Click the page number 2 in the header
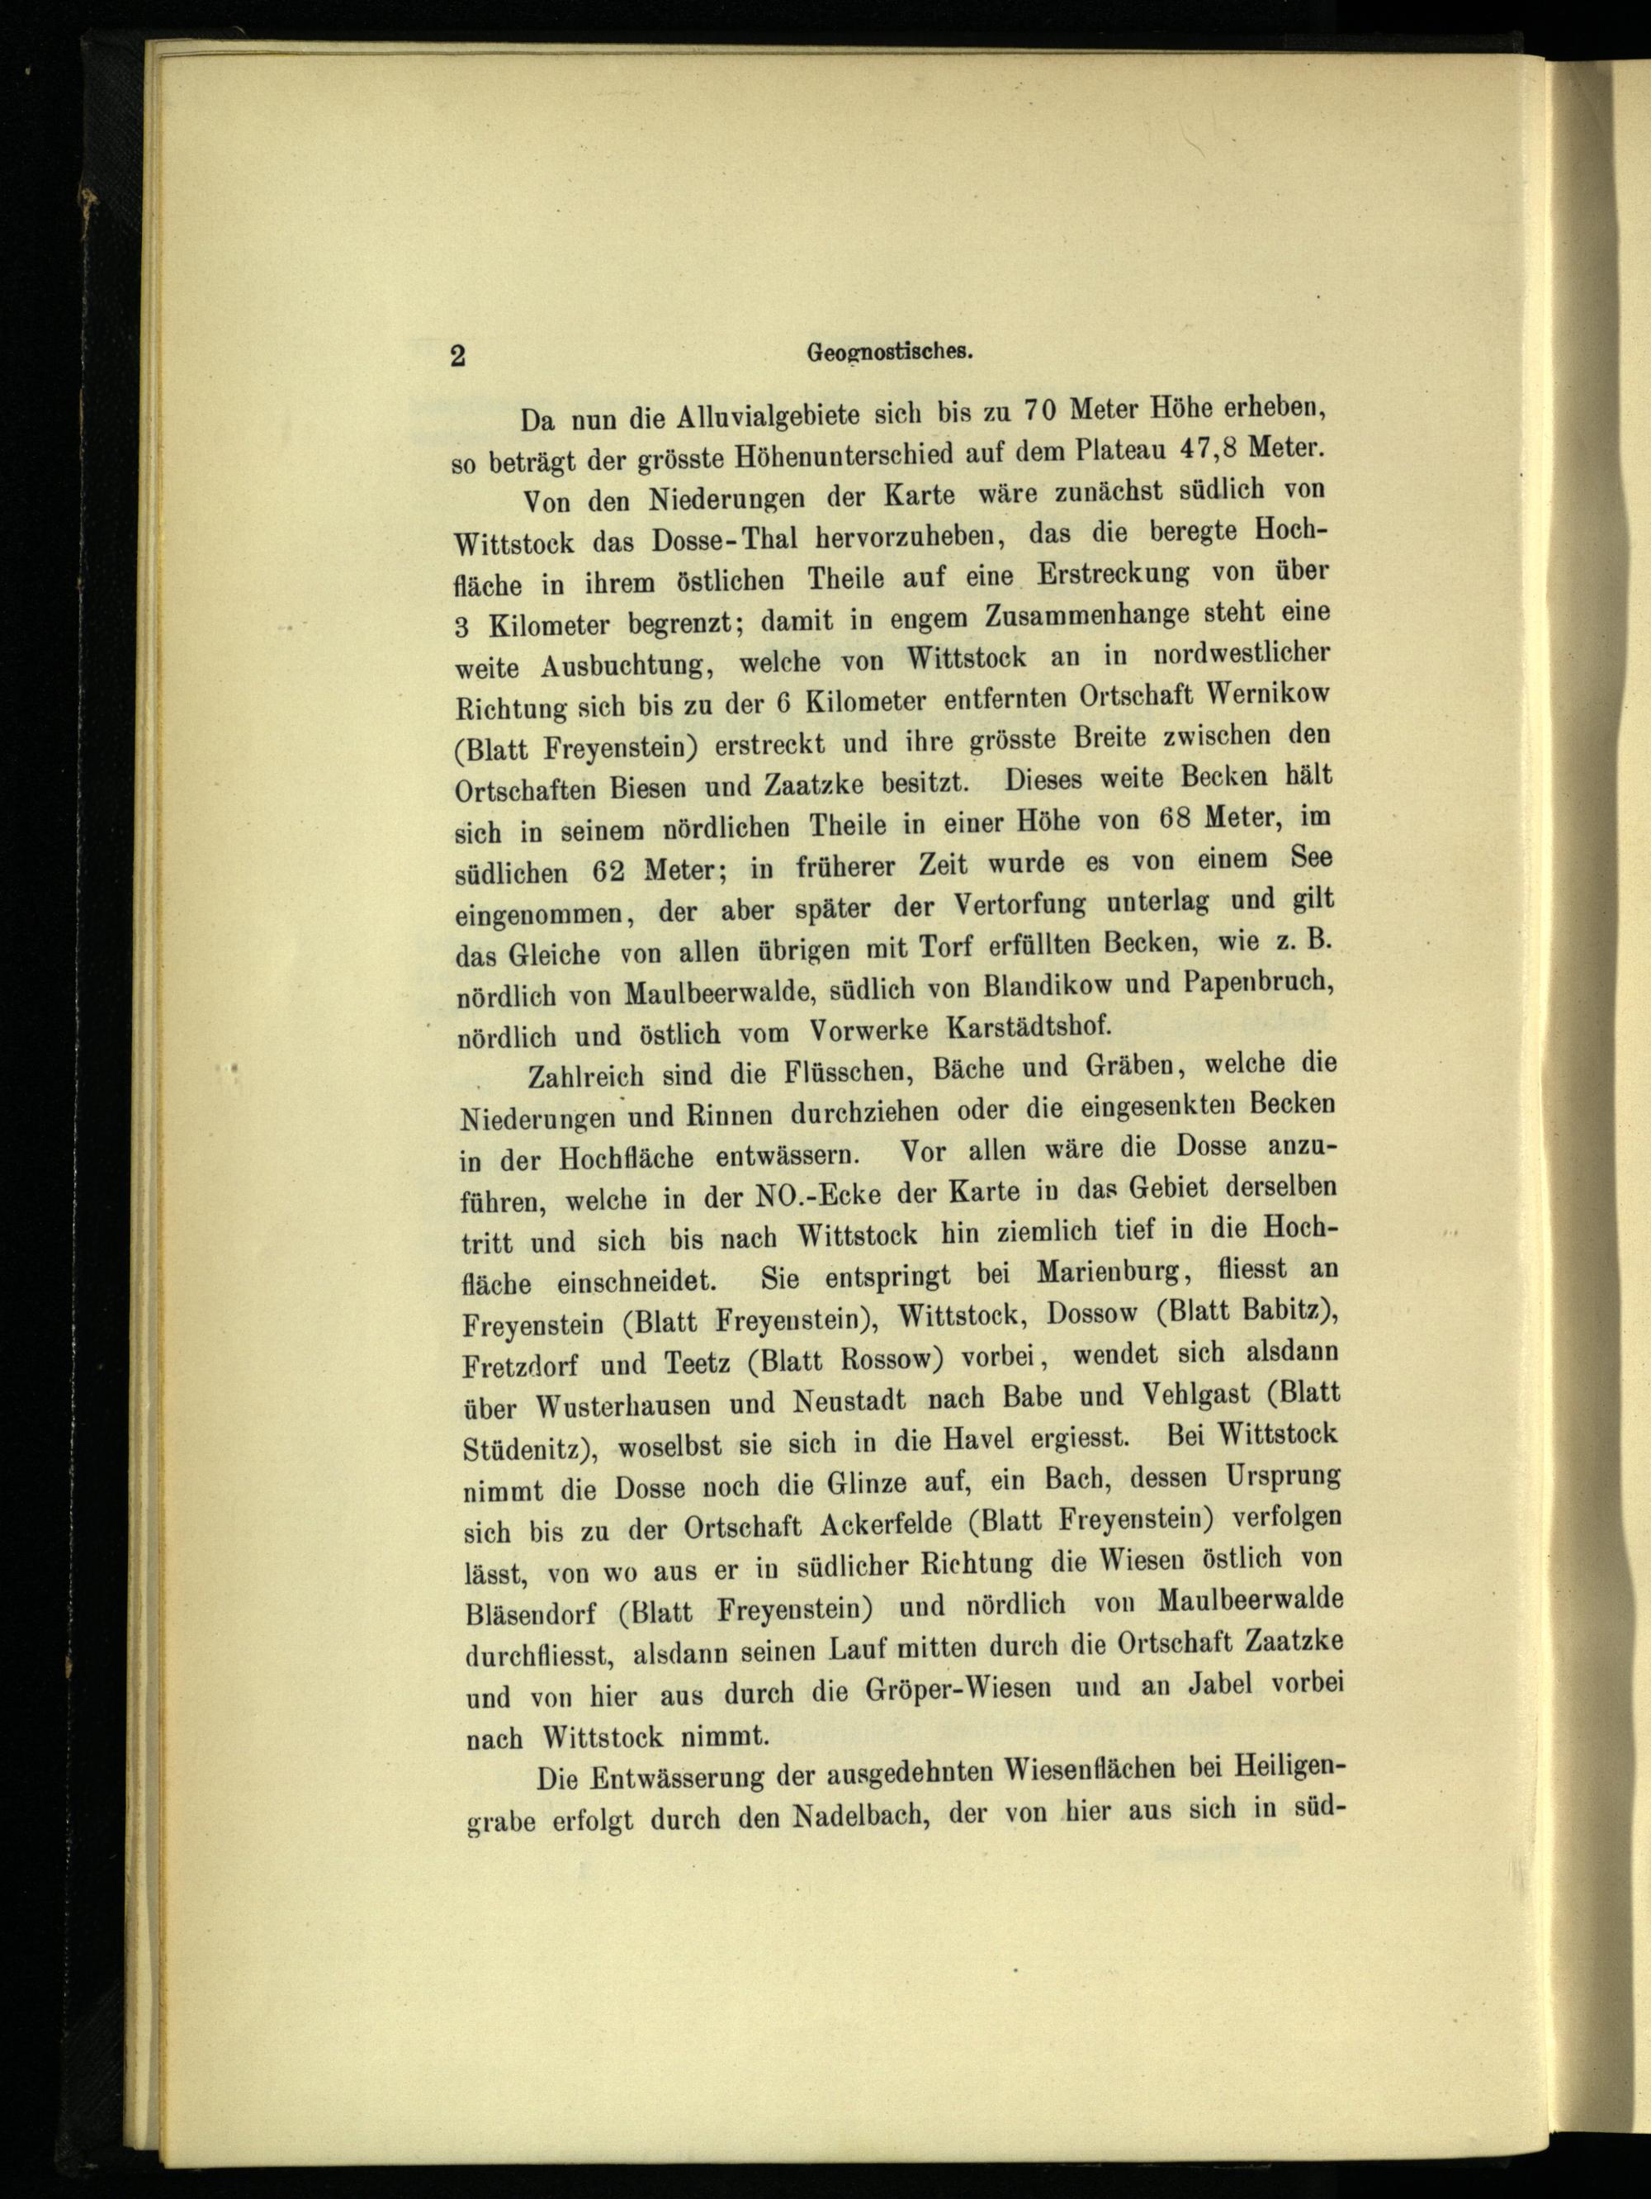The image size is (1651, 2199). (x=457, y=357)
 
